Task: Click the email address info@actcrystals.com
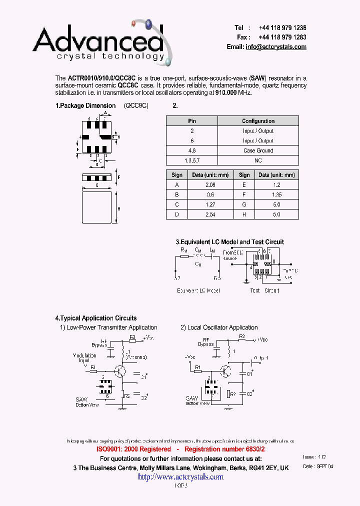[x=275, y=46]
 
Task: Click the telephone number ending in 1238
[x=282, y=28]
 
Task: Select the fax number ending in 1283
[x=282, y=37]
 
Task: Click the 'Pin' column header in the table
[x=192, y=121]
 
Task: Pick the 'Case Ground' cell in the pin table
[x=258, y=150]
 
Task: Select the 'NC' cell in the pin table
[x=258, y=160]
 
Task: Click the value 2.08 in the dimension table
[x=210, y=184]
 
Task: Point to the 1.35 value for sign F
[x=277, y=194]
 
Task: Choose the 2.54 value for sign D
[x=210, y=214]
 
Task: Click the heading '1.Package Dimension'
[x=85, y=106]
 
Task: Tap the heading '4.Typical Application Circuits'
[x=95, y=318]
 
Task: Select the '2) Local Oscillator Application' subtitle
[x=219, y=327]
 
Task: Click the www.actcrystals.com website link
[x=180, y=477]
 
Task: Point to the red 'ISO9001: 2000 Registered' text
[x=133, y=449]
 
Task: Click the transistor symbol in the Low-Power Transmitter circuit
[x=120, y=371]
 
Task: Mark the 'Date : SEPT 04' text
[x=318, y=466]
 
